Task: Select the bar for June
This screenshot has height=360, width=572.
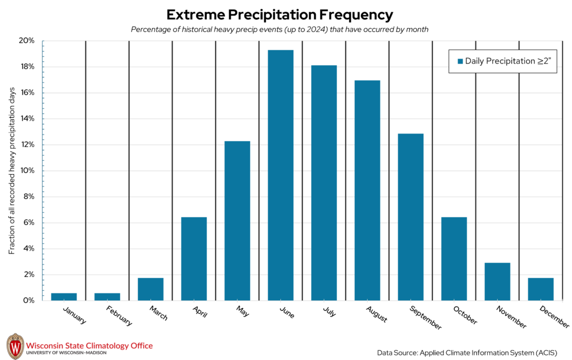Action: [280, 175]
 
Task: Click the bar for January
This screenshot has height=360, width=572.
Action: [64, 296]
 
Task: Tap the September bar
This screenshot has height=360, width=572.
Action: [411, 217]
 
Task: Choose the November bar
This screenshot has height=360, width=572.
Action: [497, 281]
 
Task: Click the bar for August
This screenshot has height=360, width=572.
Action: [367, 190]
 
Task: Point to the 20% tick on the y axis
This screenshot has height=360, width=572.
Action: [27, 41]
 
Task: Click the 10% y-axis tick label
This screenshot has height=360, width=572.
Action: [27, 171]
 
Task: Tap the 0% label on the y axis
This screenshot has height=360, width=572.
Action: [29, 300]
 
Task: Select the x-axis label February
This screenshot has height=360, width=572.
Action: [118, 315]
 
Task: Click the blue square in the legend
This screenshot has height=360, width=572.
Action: [460, 61]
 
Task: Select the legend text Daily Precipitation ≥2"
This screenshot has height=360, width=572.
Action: [508, 61]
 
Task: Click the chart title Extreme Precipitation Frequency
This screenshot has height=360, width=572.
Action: [279, 14]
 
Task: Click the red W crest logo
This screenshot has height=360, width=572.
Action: [15, 346]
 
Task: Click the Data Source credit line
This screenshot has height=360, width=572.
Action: [467, 352]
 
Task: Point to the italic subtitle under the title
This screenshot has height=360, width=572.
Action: [279, 30]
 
